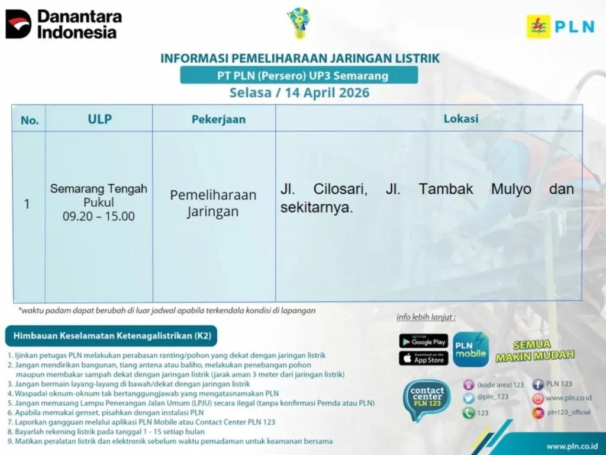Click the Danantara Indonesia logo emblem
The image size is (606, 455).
coord(18,24)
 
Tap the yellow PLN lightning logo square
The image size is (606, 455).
coord(539,26)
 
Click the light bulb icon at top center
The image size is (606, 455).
coord(299,23)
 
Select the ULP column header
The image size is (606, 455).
coord(99,118)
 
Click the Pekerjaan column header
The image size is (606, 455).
coord(218,119)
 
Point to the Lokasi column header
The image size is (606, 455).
coord(460,118)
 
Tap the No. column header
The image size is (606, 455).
coord(30,120)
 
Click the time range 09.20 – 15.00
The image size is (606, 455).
coord(99,216)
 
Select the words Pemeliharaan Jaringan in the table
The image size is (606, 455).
coord(213,203)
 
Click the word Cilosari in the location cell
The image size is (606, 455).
coord(340,189)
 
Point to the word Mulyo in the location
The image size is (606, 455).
coord(511,189)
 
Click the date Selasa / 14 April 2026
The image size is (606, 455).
coord(299,92)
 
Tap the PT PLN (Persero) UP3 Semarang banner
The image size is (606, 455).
coord(299,75)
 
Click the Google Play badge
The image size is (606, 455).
coord(424,341)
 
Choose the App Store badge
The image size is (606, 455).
coord(424,358)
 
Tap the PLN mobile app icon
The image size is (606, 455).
coord(470,350)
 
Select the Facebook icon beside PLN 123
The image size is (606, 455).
coord(537,384)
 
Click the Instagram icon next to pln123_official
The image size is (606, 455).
coord(537,413)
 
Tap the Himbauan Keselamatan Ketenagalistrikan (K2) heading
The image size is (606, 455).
coord(111,335)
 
